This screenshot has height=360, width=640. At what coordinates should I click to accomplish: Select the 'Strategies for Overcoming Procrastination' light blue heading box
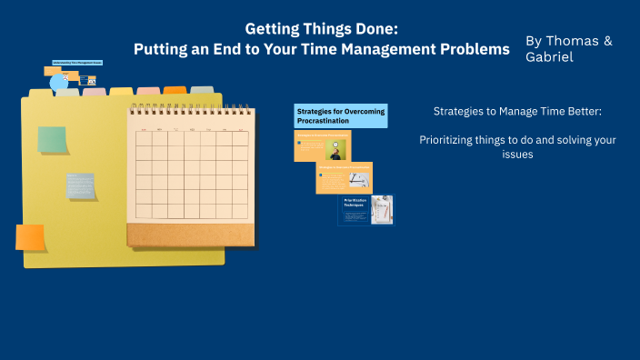click(x=340, y=115)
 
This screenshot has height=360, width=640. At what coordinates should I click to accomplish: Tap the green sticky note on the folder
click(x=52, y=139)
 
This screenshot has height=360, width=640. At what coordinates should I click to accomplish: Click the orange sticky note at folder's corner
click(x=30, y=237)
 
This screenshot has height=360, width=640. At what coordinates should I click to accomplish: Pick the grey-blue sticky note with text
click(x=81, y=185)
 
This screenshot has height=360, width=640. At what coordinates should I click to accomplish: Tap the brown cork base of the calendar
click(x=190, y=235)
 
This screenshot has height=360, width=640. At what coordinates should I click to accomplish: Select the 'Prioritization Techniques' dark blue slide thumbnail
click(x=365, y=210)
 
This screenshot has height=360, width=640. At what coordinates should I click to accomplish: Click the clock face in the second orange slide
click(x=360, y=176)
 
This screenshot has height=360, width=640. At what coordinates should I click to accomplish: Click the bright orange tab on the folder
click(x=175, y=90)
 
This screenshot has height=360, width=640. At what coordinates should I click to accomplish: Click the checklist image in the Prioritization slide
click(x=382, y=209)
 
